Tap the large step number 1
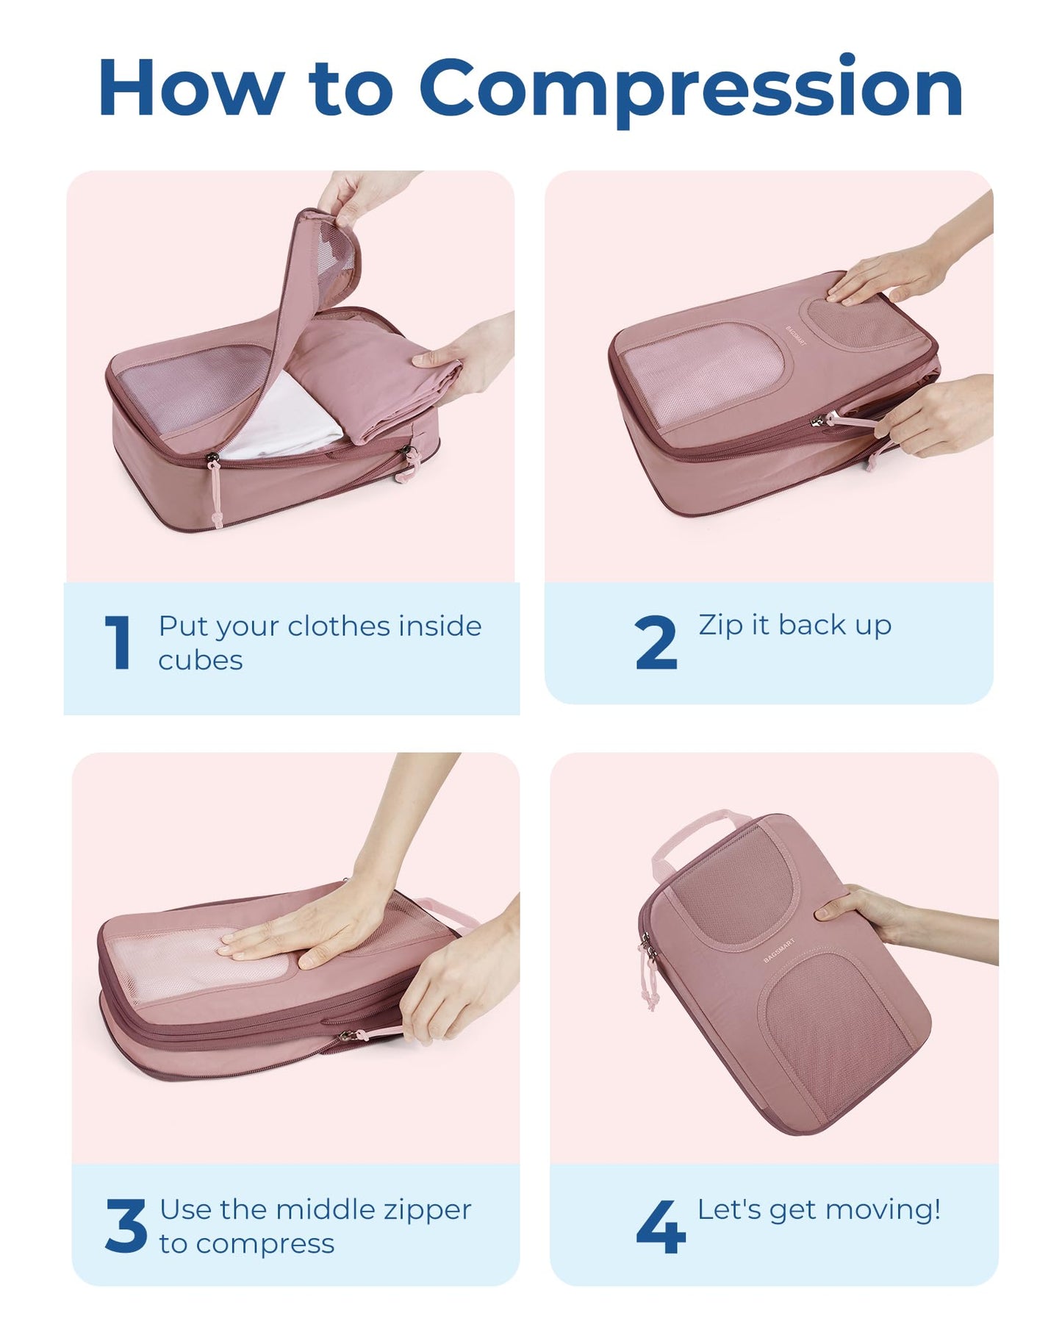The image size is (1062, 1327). click(118, 643)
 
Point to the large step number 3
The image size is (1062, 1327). click(126, 1226)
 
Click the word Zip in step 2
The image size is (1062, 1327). click(720, 625)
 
